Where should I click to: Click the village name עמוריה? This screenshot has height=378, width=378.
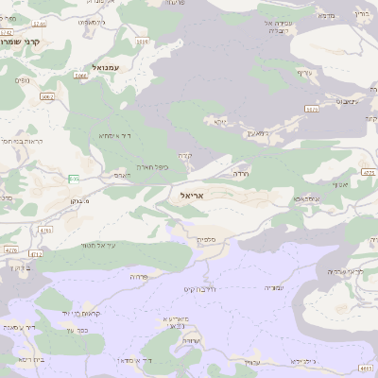(272, 287)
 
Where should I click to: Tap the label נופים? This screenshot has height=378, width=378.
(21, 81)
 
